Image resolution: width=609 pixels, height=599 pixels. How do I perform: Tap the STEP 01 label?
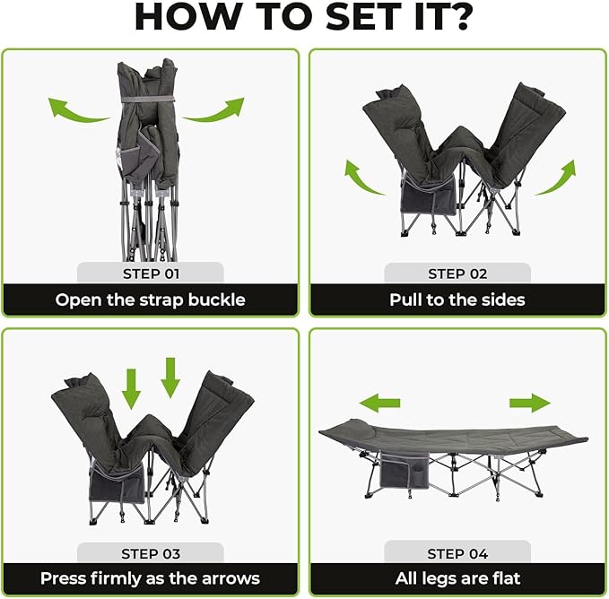coord(151,274)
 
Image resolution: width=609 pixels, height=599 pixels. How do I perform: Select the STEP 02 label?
coord(457,274)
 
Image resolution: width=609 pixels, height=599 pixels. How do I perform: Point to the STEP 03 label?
coord(151,554)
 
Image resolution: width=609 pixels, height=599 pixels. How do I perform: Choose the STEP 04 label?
coord(457,554)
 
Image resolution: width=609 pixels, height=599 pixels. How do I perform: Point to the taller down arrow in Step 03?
coord(170,378)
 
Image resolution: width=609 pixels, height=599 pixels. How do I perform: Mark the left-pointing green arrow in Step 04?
coord(379,403)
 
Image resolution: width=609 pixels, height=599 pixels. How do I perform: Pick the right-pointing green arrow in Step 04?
coord(530,403)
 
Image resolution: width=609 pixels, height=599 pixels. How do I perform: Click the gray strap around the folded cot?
coord(148,100)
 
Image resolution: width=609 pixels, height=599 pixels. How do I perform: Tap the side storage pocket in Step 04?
coord(404,470)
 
